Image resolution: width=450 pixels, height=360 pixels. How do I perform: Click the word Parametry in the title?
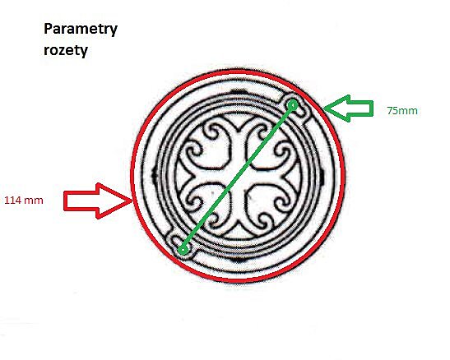[x=81, y=30]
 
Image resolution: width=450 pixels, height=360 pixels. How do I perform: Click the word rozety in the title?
[x=66, y=51]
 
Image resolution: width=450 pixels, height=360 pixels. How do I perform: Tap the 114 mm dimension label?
[x=24, y=200]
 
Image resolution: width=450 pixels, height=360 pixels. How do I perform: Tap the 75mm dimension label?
[x=402, y=111]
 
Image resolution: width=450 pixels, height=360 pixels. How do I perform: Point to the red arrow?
[x=98, y=201]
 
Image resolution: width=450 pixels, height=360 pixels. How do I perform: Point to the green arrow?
[x=348, y=108]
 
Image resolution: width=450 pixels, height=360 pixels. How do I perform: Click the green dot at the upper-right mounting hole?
[x=293, y=105]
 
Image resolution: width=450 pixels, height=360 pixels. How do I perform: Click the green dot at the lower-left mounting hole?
[x=183, y=250]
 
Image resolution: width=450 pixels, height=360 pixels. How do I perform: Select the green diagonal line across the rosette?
[x=238, y=178]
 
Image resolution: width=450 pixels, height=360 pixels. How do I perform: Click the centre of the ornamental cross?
[x=239, y=175]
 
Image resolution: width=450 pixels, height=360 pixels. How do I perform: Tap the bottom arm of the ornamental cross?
[x=239, y=210]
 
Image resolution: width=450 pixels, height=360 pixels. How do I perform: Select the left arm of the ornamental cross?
[x=204, y=175]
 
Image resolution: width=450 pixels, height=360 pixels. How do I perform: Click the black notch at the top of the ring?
[x=239, y=92]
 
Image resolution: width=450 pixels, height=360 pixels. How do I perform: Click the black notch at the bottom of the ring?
[x=238, y=260]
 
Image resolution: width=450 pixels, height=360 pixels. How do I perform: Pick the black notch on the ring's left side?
[x=155, y=175]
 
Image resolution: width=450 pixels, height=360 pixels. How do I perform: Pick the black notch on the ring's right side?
[x=322, y=175]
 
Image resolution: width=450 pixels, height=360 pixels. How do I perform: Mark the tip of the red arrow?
[x=132, y=201]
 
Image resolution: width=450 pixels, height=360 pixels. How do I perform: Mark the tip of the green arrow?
[x=323, y=108]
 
